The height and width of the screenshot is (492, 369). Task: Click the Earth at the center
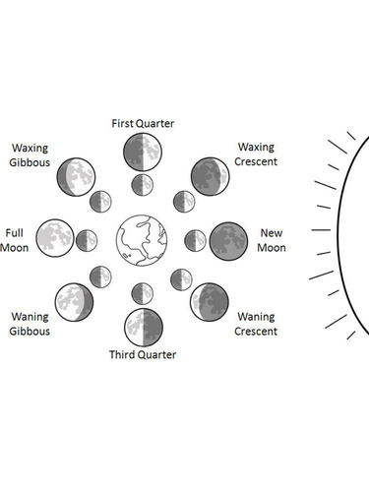141,240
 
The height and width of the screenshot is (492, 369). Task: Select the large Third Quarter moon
142,325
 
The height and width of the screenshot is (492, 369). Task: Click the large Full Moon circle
55,239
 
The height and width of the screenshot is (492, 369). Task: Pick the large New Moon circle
227,239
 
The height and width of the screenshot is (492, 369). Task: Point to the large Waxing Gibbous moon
76,177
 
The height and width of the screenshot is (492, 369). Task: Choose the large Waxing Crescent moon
209,177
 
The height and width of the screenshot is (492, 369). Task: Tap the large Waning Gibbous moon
75,301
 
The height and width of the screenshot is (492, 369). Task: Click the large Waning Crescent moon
209,301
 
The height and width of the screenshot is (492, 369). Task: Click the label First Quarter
143,123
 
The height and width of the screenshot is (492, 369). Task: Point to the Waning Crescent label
256,324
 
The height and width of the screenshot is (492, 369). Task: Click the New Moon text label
273,240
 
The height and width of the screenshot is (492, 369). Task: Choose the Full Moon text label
15,240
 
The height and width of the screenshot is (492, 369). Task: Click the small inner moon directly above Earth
142,185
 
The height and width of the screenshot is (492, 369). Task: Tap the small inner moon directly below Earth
142,293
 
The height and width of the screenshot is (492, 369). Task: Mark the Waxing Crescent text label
256,154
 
